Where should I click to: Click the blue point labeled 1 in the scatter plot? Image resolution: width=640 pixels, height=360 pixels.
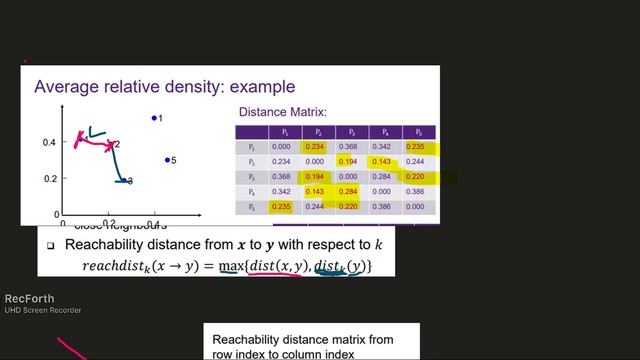(x=154, y=118)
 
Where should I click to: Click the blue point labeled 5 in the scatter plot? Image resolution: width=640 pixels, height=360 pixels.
(x=168, y=160)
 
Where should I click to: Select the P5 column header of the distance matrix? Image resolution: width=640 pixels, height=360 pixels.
(x=414, y=132)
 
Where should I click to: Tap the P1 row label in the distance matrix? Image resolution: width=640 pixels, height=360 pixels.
(x=253, y=147)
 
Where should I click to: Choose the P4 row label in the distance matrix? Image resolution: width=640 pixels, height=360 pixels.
(x=253, y=191)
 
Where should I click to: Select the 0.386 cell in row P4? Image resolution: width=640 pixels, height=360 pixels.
(x=414, y=191)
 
